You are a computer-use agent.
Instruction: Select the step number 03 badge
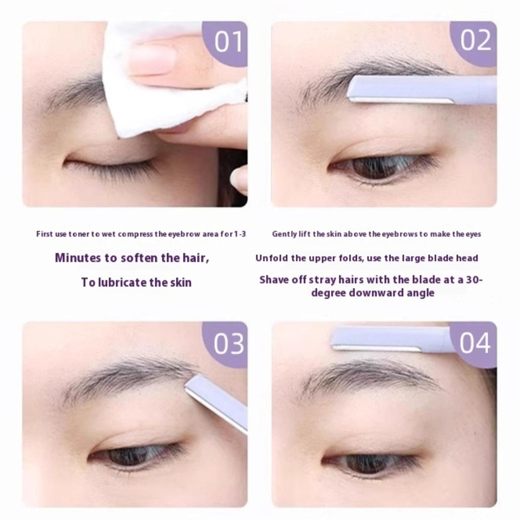point(226,344)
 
